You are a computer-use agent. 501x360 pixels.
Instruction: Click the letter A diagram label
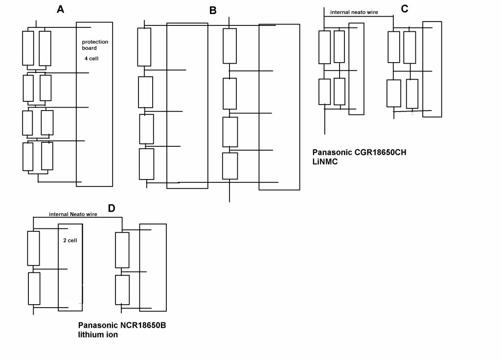pos(61,9)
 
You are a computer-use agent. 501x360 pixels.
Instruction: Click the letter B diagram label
pos(212,10)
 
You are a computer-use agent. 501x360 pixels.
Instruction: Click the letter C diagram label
pos(404,8)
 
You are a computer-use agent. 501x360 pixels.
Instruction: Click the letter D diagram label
pos(112,208)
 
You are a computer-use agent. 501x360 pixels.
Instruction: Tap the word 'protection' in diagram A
pos(95,42)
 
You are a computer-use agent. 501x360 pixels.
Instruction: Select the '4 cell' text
pos(91,58)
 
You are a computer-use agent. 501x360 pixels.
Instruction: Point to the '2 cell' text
pos(70,241)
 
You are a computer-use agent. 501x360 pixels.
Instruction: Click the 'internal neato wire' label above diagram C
pos(354,12)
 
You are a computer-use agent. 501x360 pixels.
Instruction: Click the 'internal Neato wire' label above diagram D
pos(73,214)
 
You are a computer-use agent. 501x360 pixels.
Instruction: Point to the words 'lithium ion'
pos(98,335)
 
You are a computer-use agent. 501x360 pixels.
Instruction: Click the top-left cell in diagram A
pos(28,48)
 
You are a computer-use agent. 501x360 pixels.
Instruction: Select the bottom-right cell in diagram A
pos(47,156)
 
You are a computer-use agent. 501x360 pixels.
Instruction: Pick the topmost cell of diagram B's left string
pos(144,47)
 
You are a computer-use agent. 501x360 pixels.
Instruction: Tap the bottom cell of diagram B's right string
pos(230,166)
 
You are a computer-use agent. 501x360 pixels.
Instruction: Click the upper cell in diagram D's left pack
pos(33,248)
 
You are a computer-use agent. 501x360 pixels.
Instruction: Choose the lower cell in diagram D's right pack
pos(122,290)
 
